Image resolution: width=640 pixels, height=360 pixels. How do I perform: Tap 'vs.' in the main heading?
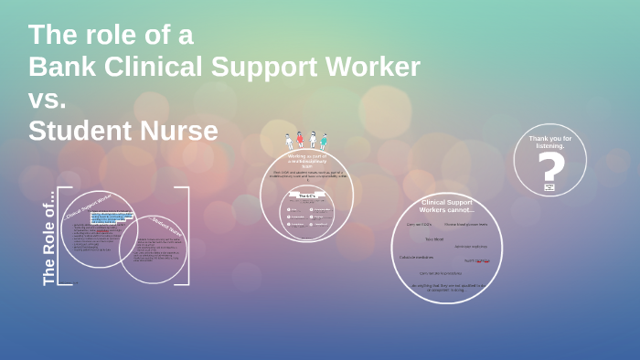coord(48,100)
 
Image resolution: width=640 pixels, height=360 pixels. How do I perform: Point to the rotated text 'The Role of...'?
coord(49,238)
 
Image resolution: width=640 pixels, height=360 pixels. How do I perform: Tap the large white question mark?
coord(549,168)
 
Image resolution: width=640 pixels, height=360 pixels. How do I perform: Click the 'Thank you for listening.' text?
coord(549,142)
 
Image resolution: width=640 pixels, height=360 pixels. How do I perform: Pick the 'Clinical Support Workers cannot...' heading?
coord(446,206)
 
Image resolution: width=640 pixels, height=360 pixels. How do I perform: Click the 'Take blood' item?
coord(433,239)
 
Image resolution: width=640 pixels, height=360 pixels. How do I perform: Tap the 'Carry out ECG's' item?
coord(420,224)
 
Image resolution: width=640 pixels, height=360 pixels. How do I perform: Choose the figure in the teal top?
coord(323,141)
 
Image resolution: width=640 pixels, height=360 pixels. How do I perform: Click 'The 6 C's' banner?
coord(306,196)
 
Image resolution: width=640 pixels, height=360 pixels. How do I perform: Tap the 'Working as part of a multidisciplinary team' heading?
coord(306,161)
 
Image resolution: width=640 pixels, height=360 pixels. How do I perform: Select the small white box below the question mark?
coord(549,187)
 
